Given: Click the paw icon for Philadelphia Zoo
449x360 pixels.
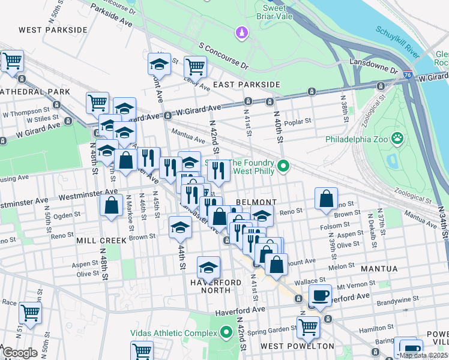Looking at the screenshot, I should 397,139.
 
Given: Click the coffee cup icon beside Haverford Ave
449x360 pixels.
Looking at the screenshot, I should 320,295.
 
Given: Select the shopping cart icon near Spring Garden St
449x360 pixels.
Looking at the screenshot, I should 308,327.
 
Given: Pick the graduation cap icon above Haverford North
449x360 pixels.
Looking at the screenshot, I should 208,266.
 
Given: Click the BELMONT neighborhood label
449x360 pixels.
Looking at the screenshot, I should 256,202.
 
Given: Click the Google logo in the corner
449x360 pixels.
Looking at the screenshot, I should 20,353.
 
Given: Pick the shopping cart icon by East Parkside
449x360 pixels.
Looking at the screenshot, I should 195,65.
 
